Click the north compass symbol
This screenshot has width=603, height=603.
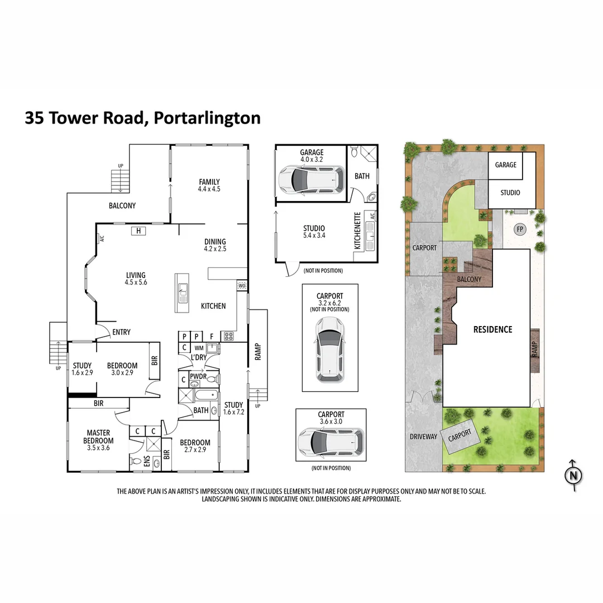tap(573, 476)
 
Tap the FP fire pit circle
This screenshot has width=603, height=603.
tap(520, 229)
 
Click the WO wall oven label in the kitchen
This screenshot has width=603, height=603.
tap(242, 285)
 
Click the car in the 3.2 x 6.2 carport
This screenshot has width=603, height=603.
tap(329, 350)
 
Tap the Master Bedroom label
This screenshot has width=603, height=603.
tap(98, 437)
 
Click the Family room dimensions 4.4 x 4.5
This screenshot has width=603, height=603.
tap(209, 189)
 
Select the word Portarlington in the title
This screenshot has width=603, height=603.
tap(207, 118)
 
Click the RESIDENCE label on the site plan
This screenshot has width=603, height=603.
tap(492, 329)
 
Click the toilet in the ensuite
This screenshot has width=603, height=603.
tap(136, 461)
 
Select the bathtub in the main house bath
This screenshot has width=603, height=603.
tap(205, 396)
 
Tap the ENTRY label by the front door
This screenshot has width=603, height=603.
tap(121, 332)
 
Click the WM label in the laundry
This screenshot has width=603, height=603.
tap(199, 348)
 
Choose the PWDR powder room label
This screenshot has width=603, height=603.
tap(198, 376)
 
